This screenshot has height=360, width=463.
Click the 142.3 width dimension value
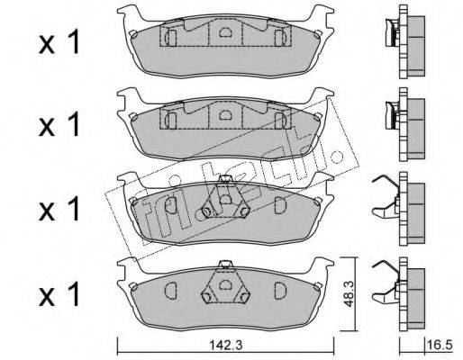tap(225, 346)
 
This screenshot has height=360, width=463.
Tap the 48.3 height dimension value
tap(349, 294)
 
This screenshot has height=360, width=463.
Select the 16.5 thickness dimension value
tap(442, 345)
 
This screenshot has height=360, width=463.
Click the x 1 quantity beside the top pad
tap(59, 42)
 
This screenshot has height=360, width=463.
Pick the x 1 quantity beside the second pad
tap(59, 124)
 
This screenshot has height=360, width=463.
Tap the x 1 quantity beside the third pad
tap(59, 209)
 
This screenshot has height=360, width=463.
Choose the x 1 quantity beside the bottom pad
tap(59, 293)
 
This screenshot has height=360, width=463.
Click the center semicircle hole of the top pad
tap(225, 31)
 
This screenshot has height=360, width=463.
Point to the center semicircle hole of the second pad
tap(225, 114)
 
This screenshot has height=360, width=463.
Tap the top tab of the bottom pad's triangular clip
tap(225, 264)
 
